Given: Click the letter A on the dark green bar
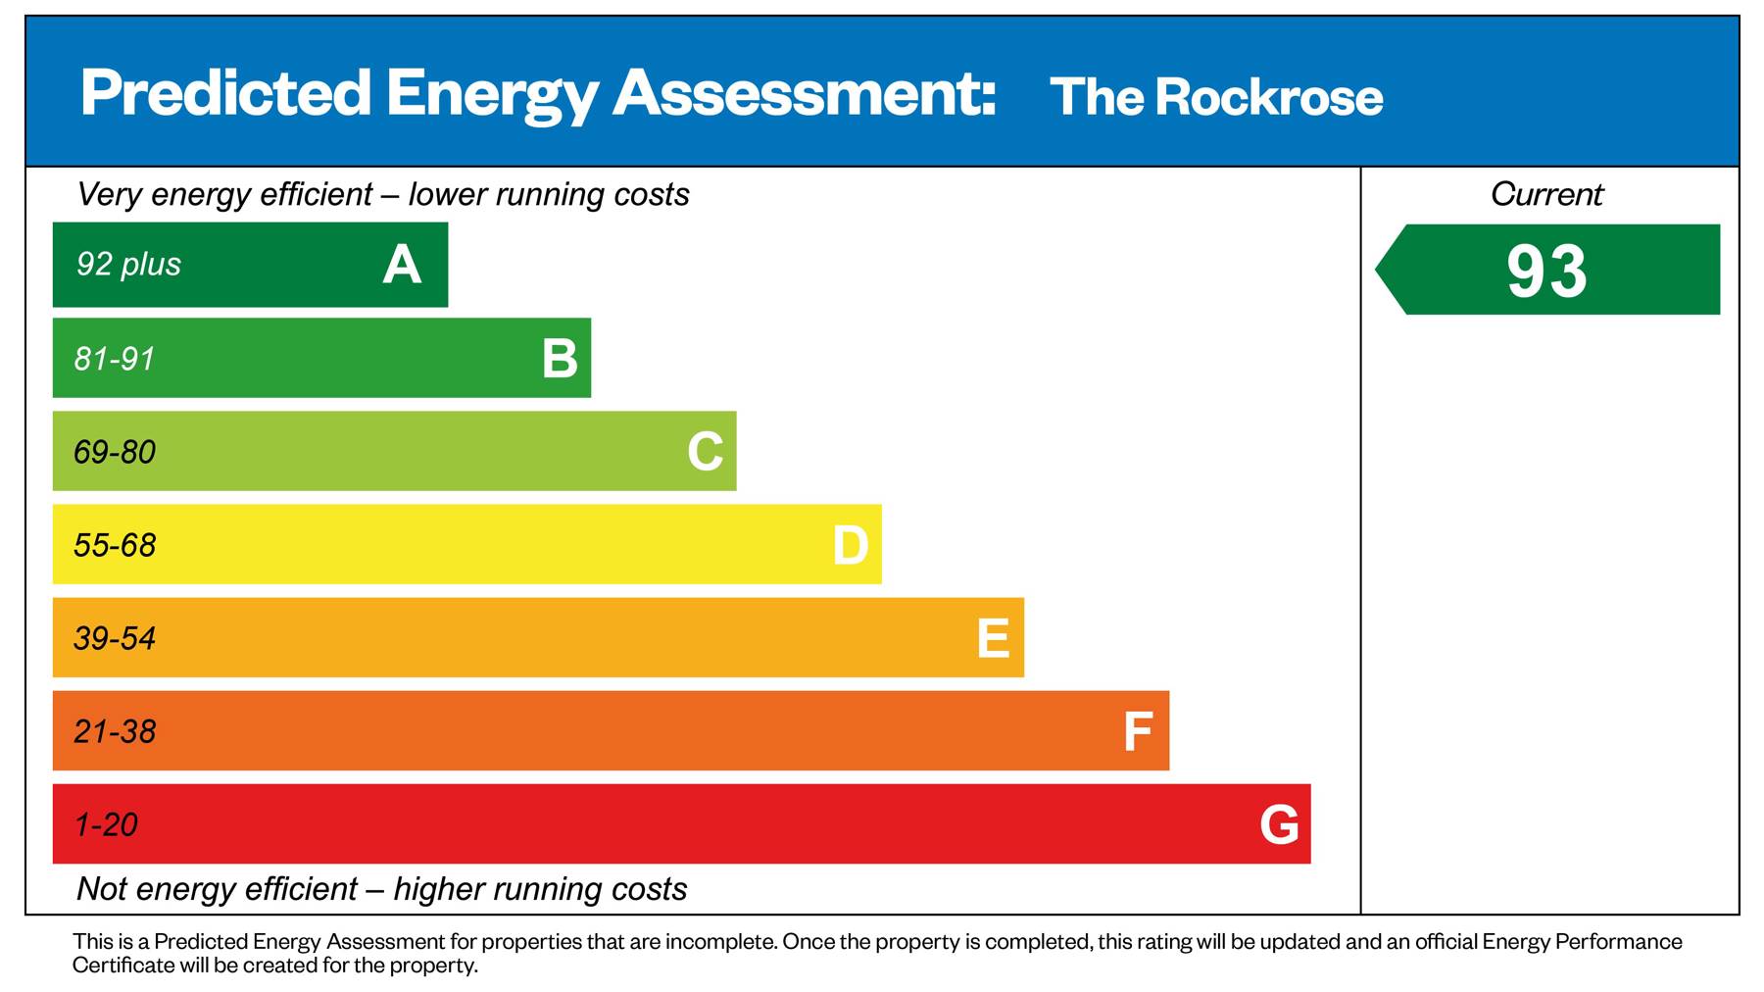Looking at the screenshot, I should [x=402, y=265].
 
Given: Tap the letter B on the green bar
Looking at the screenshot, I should [x=560, y=359].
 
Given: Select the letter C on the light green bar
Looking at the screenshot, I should [x=705, y=452].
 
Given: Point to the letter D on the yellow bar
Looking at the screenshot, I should [x=850, y=545].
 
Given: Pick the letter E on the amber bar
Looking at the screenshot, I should [x=993, y=638].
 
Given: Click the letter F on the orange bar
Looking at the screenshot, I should [x=1137, y=731].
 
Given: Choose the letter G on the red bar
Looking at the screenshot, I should [x=1279, y=824].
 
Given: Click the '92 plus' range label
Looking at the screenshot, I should [x=128, y=265].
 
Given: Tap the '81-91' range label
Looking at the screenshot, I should [x=115, y=359].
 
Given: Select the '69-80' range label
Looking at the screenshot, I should [x=115, y=452].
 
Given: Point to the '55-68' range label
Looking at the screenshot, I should [x=115, y=545].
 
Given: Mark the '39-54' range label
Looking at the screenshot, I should [x=115, y=638].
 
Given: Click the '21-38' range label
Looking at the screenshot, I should [x=115, y=731].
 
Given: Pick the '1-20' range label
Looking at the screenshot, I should [x=106, y=824].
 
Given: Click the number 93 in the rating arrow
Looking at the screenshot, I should [x=1546, y=272].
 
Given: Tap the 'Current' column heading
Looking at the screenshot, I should [x=1546, y=194].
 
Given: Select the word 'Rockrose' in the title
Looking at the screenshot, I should [x=1269, y=97].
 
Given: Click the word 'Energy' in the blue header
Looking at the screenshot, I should [x=491, y=95].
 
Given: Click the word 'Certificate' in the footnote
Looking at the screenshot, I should [x=123, y=966].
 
